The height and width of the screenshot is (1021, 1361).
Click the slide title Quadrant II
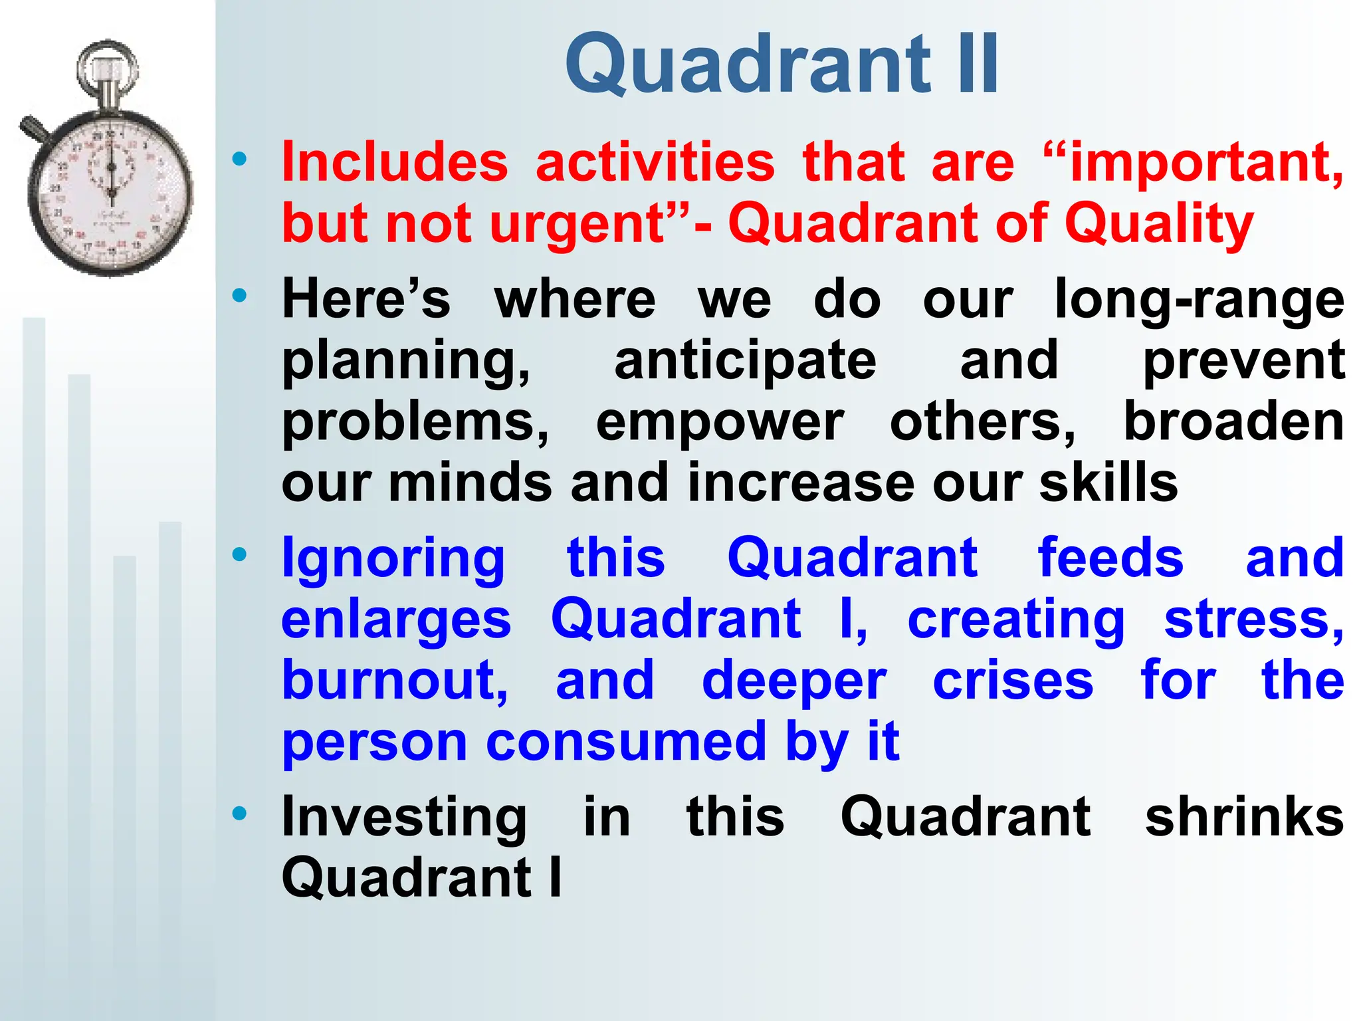[782, 64]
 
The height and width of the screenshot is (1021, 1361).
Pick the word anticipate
[745, 360]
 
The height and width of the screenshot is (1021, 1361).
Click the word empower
[720, 422]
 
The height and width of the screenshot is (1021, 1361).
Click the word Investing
[404, 818]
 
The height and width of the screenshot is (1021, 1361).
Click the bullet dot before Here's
[240, 295]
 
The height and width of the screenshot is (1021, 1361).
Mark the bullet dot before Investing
[240, 813]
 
